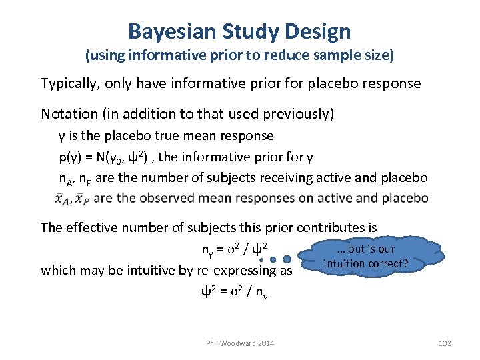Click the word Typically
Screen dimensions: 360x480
pos(69,83)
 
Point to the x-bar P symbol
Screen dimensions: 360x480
pos(83,199)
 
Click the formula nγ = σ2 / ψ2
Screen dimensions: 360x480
pos(234,250)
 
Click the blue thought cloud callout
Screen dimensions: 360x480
pos(367,256)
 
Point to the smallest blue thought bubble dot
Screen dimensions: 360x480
pos(263,261)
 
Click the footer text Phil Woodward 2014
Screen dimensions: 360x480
pos(239,343)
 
